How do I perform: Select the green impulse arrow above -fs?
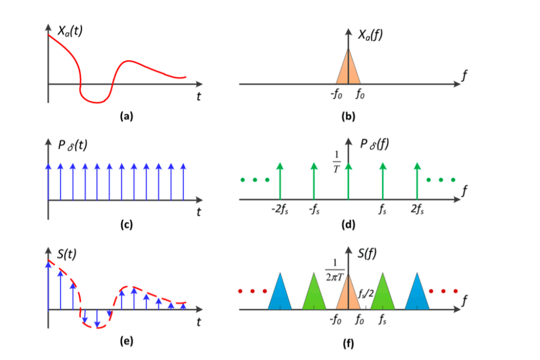[x=314, y=180]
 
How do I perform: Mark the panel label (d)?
[x=348, y=225]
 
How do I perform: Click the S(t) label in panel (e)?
[x=67, y=255]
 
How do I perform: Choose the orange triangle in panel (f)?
[x=348, y=295]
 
